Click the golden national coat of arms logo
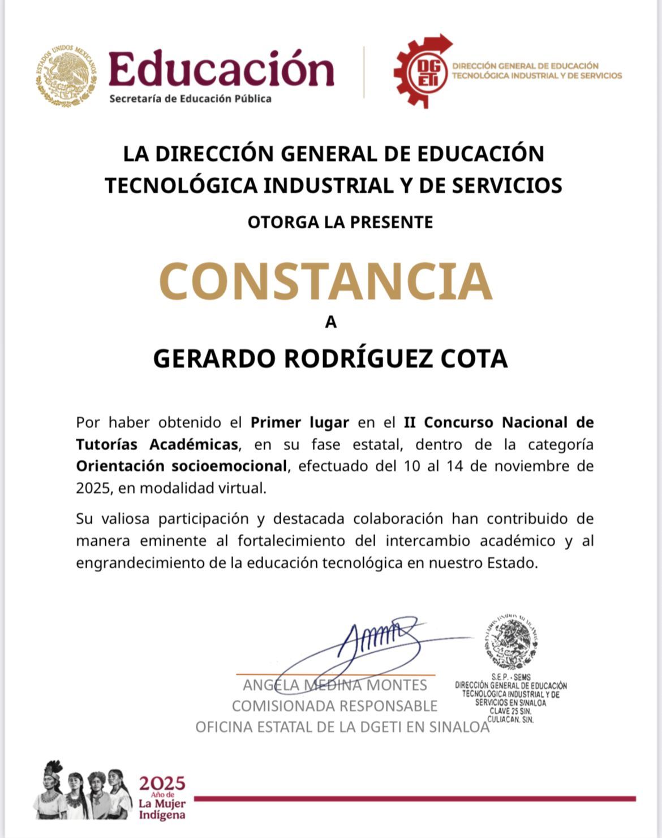tap(66, 76)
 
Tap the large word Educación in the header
tap(221, 69)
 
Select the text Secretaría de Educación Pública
tap(190, 99)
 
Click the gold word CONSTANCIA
tap(325, 281)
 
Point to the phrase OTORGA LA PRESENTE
tap(340, 222)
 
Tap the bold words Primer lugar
tap(300, 422)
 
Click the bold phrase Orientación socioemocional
tap(181, 467)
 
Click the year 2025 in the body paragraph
tap(92, 488)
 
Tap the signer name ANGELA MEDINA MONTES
tap(335, 685)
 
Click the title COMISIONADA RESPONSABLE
tap(335, 706)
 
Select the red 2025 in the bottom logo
tap(162, 784)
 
